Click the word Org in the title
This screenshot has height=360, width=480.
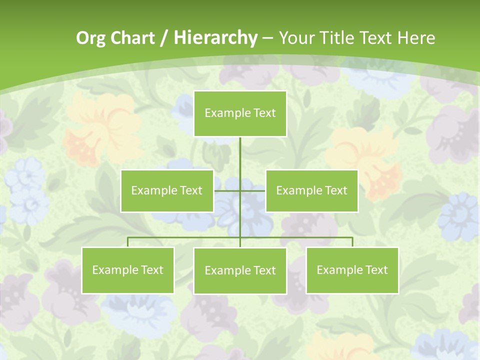(x=90, y=38)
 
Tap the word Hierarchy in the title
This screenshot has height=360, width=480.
(x=215, y=38)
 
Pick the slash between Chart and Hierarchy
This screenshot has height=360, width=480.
(x=164, y=38)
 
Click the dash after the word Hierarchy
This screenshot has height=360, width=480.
(x=267, y=38)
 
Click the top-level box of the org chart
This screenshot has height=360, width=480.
(x=240, y=113)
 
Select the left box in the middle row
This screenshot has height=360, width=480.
(x=167, y=190)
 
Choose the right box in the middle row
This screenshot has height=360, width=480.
(x=311, y=190)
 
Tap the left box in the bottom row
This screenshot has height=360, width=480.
(x=128, y=270)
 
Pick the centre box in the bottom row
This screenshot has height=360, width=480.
(x=240, y=270)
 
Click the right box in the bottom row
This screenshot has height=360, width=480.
(x=352, y=270)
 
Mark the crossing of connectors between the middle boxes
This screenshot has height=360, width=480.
(x=240, y=190)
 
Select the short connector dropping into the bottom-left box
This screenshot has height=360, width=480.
(x=128, y=242)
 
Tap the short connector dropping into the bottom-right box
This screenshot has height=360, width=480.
(x=352, y=242)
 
